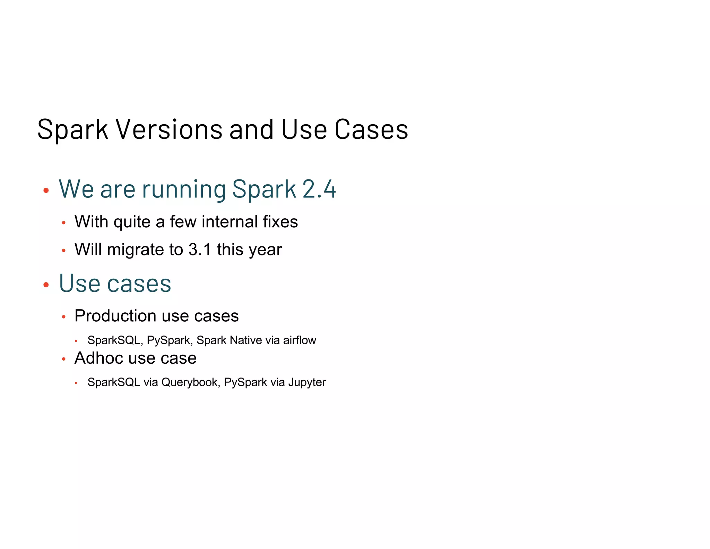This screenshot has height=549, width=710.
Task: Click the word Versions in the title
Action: tap(169, 129)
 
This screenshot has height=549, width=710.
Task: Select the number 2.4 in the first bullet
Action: tap(319, 189)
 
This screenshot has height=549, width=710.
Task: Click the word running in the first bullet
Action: tap(184, 190)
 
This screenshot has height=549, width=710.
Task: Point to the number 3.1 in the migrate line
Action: tap(200, 250)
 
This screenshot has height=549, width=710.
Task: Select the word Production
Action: tap(115, 316)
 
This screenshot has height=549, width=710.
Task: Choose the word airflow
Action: tap(300, 340)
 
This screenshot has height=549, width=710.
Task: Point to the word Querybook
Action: tap(190, 382)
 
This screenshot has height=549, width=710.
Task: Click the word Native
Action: tap(246, 340)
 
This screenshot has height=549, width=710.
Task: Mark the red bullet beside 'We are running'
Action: tap(46, 190)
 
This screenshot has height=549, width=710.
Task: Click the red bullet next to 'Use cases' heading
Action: tap(46, 285)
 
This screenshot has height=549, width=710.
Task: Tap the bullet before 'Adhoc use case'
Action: tap(63, 359)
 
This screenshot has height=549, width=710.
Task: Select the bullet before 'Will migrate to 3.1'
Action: tap(63, 250)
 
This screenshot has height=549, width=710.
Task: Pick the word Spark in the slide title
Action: tap(73, 130)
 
